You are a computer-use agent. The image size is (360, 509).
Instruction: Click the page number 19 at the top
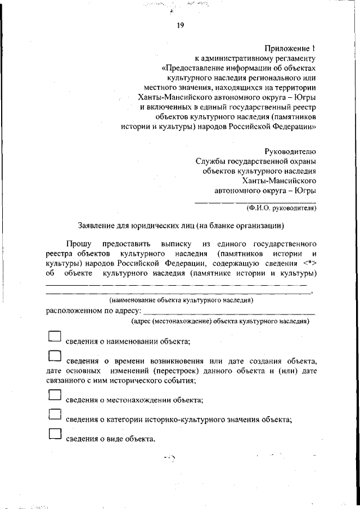(181, 25)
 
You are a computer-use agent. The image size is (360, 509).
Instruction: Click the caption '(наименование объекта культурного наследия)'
(181, 300)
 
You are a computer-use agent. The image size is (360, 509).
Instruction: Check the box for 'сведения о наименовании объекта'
(54, 336)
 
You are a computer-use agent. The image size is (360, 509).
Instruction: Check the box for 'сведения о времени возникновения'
(54, 355)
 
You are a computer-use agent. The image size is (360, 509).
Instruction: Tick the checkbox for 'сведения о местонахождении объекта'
(54, 395)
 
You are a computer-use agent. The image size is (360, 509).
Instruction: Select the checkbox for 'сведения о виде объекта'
(54, 434)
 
